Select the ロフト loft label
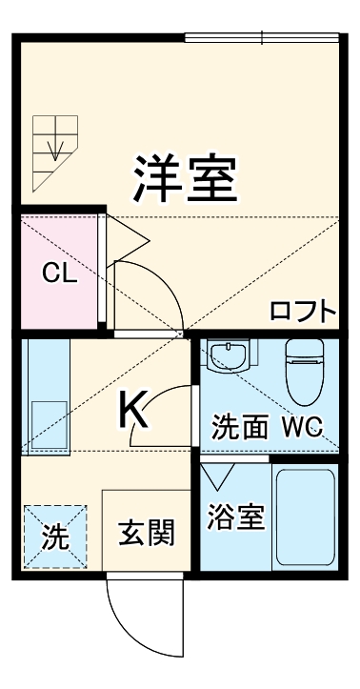pyautogui.click(x=303, y=311)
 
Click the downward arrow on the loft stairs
pyautogui.click(x=55, y=144)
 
